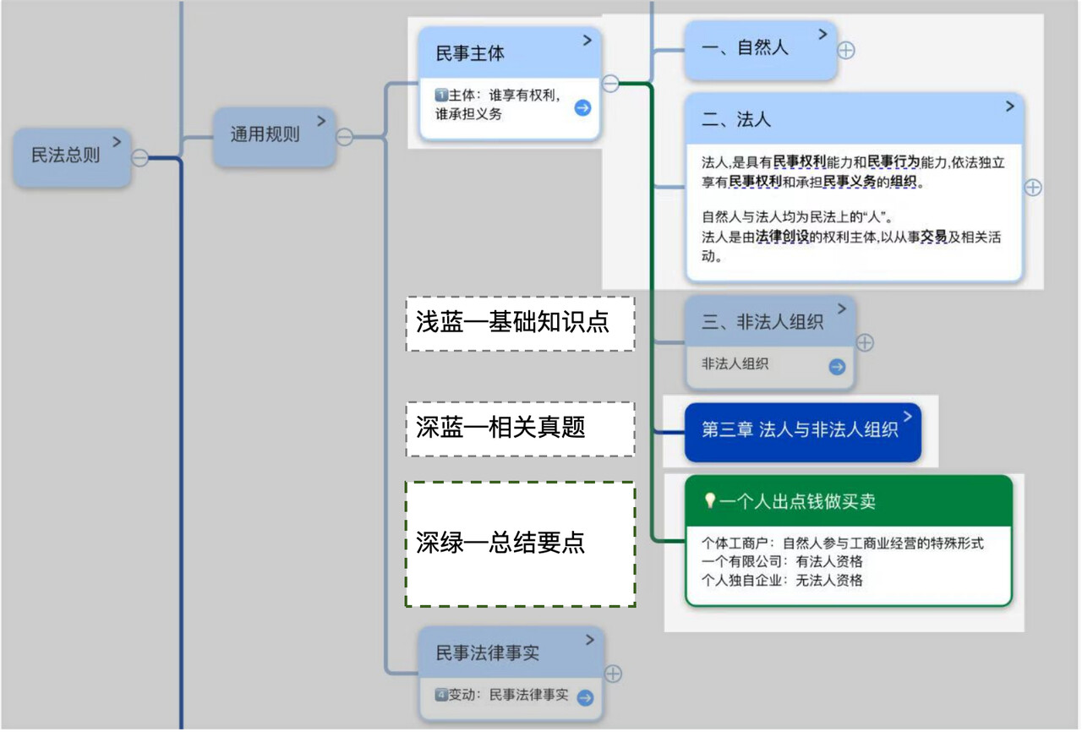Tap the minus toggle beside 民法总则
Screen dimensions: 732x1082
pos(140,158)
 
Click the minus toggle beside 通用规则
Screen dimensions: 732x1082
pos(344,137)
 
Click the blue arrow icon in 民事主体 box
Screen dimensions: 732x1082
pos(582,107)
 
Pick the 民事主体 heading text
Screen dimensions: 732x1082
pos(470,53)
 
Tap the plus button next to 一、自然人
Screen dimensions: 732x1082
pos(846,50)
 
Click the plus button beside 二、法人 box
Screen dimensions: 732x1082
pos(1033,188)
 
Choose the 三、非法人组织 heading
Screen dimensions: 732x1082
pos(762,322)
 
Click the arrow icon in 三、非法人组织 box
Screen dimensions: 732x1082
pos(837,366)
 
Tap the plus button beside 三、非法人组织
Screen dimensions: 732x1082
pos(865,343)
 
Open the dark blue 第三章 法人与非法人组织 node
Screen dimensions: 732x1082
pos(800,430)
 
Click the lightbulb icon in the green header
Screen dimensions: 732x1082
pos(710,501)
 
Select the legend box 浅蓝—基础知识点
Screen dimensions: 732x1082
pos(520,323)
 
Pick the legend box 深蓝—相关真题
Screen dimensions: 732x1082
pos(520,429)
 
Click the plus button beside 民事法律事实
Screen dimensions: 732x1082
pos(614,674)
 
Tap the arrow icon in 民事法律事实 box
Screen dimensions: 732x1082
pos(585,697)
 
